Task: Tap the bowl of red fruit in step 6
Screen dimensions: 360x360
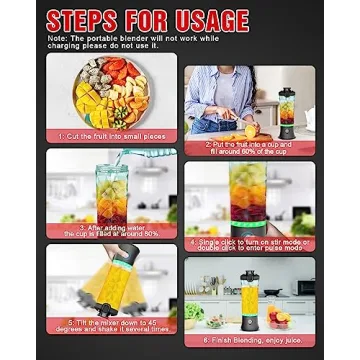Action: click(x=284, y=318)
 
